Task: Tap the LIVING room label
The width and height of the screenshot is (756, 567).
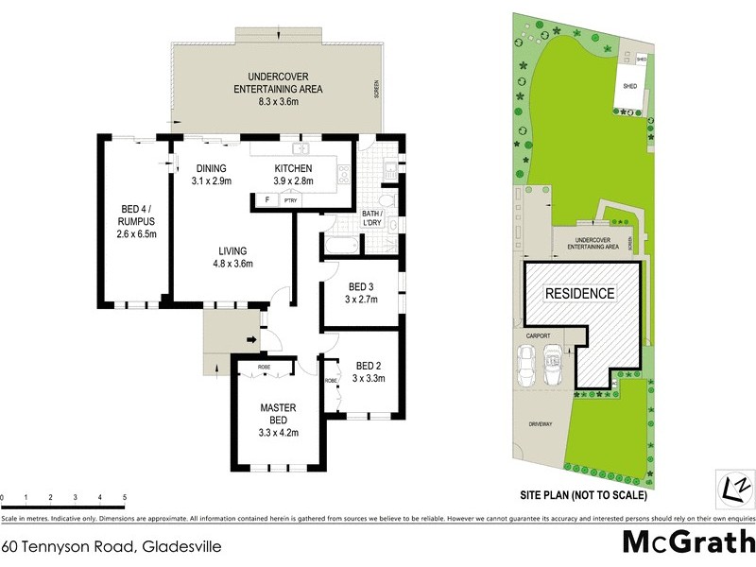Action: [x=232, y=250]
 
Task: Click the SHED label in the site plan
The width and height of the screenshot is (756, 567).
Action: [x=630, y=86]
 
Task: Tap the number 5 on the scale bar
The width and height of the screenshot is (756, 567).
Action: [x=124, y=497]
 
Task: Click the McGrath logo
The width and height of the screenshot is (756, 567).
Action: [x=687, y=542]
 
